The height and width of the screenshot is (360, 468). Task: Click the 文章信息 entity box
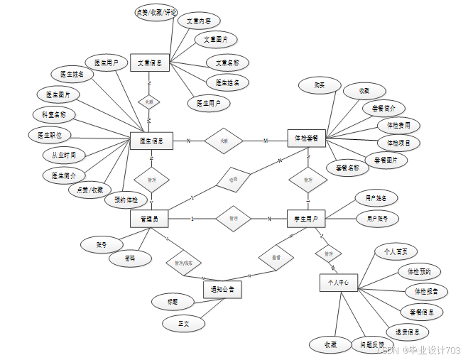tap(149, 63)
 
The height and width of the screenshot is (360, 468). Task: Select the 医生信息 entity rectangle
tap(152, 141)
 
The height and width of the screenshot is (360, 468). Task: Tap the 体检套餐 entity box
tap(306, 137)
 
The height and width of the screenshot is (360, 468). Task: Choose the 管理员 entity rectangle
tap(149, 219)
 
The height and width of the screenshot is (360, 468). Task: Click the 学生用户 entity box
tap(306, 219)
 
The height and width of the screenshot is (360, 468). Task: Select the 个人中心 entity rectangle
tap(338, 282)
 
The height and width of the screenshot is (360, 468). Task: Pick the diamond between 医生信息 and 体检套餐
tap(224, 141)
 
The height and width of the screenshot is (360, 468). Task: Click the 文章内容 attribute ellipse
tap(198, 21)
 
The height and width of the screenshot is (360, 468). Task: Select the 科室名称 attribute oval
tap(54, 114)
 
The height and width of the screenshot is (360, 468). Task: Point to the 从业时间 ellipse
tap(64, 155)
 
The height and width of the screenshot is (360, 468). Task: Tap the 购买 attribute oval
tap(320, 85)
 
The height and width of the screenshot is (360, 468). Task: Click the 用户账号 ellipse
tap(377, 218)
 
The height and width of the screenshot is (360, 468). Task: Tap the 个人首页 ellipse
tap(396, 251)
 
